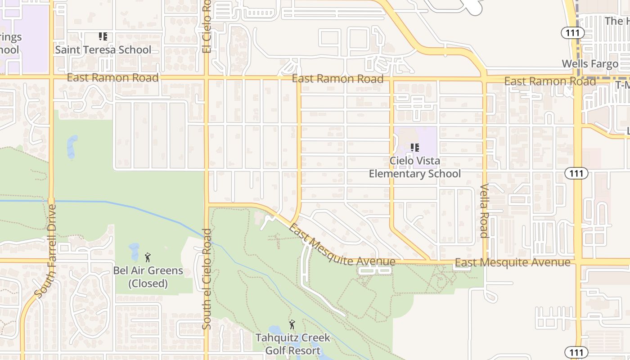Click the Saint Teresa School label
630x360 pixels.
coord(103,49)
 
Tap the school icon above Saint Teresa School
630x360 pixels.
coord(103,36)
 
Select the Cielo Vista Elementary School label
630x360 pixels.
coord(415,167)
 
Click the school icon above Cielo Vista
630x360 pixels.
coord(415,147)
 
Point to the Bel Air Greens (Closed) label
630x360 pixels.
coord(148,277)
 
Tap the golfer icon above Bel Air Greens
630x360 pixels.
coord(148,257)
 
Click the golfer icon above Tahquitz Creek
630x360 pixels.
coord(292,324)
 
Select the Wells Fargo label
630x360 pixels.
coord(590,63)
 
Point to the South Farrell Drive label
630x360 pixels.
coord(46,251)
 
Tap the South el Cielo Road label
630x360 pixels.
coord(207,279)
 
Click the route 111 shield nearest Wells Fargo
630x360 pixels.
coord(572,32)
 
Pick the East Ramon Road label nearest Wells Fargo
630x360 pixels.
coord(550,81)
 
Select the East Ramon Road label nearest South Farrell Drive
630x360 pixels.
coord(112,78)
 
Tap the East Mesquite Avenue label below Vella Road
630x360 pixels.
coord(513,262)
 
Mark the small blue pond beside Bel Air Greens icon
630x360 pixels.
coord(134,252)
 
